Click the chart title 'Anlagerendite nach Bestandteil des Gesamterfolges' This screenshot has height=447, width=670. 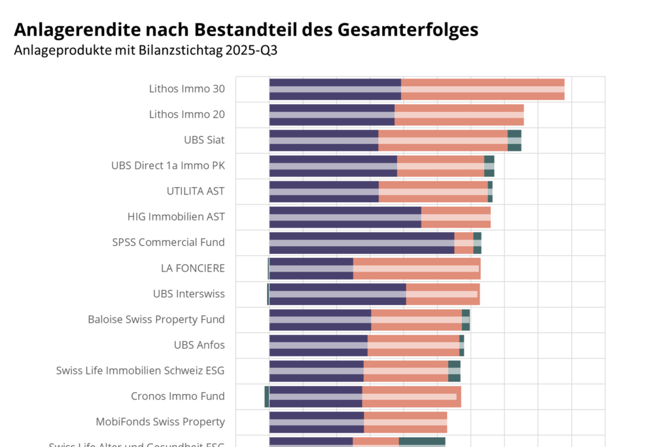(246, 29)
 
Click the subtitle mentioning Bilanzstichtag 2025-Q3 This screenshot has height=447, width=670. (145, 50)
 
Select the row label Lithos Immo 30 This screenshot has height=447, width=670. (186, 88)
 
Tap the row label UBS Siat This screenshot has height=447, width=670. (204, 139)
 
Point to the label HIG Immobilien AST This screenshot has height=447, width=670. (176, 217)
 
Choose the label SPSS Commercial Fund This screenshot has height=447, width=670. (168, 242)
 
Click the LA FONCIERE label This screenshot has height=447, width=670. (192, 268)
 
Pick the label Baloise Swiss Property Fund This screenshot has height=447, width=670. (156, 319)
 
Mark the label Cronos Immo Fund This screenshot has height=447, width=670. (177, 396)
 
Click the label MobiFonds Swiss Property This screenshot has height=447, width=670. (160, 421)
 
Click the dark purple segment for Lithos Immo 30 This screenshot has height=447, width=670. (335, 89)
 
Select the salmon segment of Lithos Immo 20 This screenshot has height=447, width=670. (459, 115)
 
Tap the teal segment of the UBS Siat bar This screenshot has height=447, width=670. (514, 140)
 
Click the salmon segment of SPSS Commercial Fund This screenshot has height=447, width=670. (464, 243)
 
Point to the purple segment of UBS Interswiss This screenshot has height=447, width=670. (338, 294)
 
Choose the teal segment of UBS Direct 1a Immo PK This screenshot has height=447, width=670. (489, 166)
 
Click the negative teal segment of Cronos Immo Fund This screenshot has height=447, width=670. (266, 397)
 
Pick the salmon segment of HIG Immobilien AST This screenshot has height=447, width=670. (455, 217)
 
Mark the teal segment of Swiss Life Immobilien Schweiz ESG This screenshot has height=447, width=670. (454, 371)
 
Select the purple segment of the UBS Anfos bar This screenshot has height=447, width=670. (318, 345)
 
